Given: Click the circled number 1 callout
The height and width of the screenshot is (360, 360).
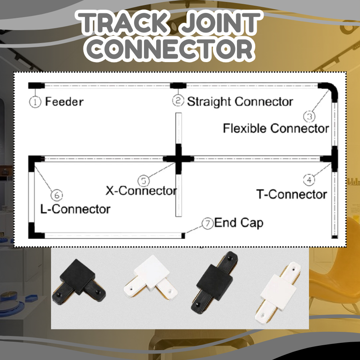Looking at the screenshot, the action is [x=35, y=102].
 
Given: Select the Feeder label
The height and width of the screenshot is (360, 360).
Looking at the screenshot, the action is [x=64, y=102].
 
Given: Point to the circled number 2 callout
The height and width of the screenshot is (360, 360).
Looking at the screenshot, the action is [x=178, y=101].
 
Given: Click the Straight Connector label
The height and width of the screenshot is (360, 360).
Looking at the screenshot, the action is [x=240, y=102].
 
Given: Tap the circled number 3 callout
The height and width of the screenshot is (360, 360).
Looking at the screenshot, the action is [x=309, y=116].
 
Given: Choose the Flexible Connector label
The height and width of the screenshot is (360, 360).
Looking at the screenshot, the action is [x=276, y=128].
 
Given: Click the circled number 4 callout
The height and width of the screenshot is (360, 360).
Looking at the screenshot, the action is [x=309, y=179].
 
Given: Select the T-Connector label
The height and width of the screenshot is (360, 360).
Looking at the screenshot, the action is [x=292, y=194].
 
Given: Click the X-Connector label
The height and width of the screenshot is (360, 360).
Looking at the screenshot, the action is [x=141, y=190].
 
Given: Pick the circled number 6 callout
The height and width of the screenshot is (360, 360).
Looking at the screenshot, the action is [x=57, y=195].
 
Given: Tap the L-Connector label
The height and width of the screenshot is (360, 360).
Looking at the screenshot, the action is [x=75, y=209].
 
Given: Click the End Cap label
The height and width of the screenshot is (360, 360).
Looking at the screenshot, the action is [x=238, y=223].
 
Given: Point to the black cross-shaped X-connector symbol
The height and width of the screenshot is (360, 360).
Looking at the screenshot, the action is [x=179, y=158].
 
